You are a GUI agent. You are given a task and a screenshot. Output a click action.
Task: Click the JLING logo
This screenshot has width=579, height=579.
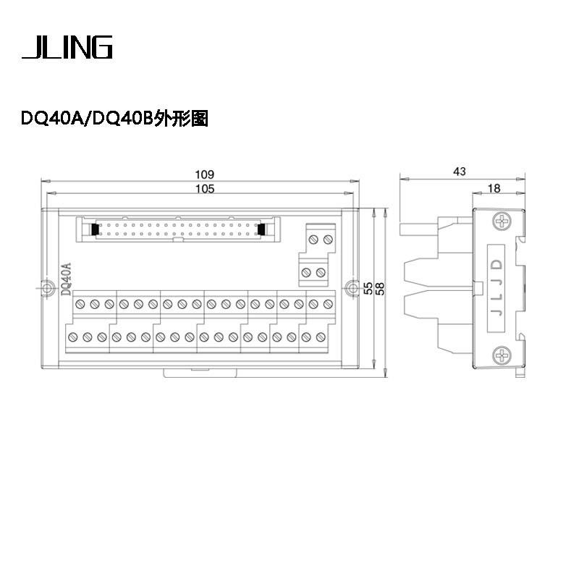pos(67,47)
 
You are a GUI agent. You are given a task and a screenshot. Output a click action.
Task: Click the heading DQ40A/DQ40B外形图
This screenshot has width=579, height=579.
pos(114,119)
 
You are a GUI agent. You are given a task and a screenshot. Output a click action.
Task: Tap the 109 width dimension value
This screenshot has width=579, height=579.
pos(205,174)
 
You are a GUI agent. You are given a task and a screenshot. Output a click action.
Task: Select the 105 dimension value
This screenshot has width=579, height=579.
pos(205,189)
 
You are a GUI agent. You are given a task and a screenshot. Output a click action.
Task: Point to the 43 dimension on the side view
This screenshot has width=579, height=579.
pos(460,172)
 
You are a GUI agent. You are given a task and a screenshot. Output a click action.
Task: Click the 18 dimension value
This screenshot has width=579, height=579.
pos(494,189)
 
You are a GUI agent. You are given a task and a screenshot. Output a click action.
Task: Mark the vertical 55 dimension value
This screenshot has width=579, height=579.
pos(368,288)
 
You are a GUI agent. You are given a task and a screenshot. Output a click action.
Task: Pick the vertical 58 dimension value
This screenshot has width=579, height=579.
pos(379,288)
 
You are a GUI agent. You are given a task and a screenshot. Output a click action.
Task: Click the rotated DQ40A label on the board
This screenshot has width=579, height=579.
pos(66,279)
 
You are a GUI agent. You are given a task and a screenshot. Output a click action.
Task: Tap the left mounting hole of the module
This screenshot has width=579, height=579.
pos(46,287)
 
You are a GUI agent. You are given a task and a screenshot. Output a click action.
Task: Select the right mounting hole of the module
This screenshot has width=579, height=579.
pos(352,287)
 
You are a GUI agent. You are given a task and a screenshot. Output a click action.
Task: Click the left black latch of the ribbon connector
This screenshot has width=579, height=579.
pos(95,229)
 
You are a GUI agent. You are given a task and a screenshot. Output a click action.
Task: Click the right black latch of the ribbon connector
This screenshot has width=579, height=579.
pos(262,229)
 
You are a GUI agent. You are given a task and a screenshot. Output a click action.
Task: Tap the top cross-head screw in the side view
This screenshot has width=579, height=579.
pos(502,222)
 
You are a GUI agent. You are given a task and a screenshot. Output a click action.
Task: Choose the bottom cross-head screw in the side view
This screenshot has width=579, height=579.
pos(502,356)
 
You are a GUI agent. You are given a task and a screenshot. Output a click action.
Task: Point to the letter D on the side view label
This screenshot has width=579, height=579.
pos(497,265)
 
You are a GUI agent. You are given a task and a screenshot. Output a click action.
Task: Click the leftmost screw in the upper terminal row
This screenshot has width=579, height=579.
pos(80,304)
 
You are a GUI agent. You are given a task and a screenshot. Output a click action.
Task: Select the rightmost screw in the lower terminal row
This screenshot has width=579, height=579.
pos(321,337)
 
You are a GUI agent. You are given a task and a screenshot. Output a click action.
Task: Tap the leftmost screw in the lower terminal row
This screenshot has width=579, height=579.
pos(73,337)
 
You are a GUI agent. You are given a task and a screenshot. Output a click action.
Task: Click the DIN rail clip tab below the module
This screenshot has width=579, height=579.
pos(200,373)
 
